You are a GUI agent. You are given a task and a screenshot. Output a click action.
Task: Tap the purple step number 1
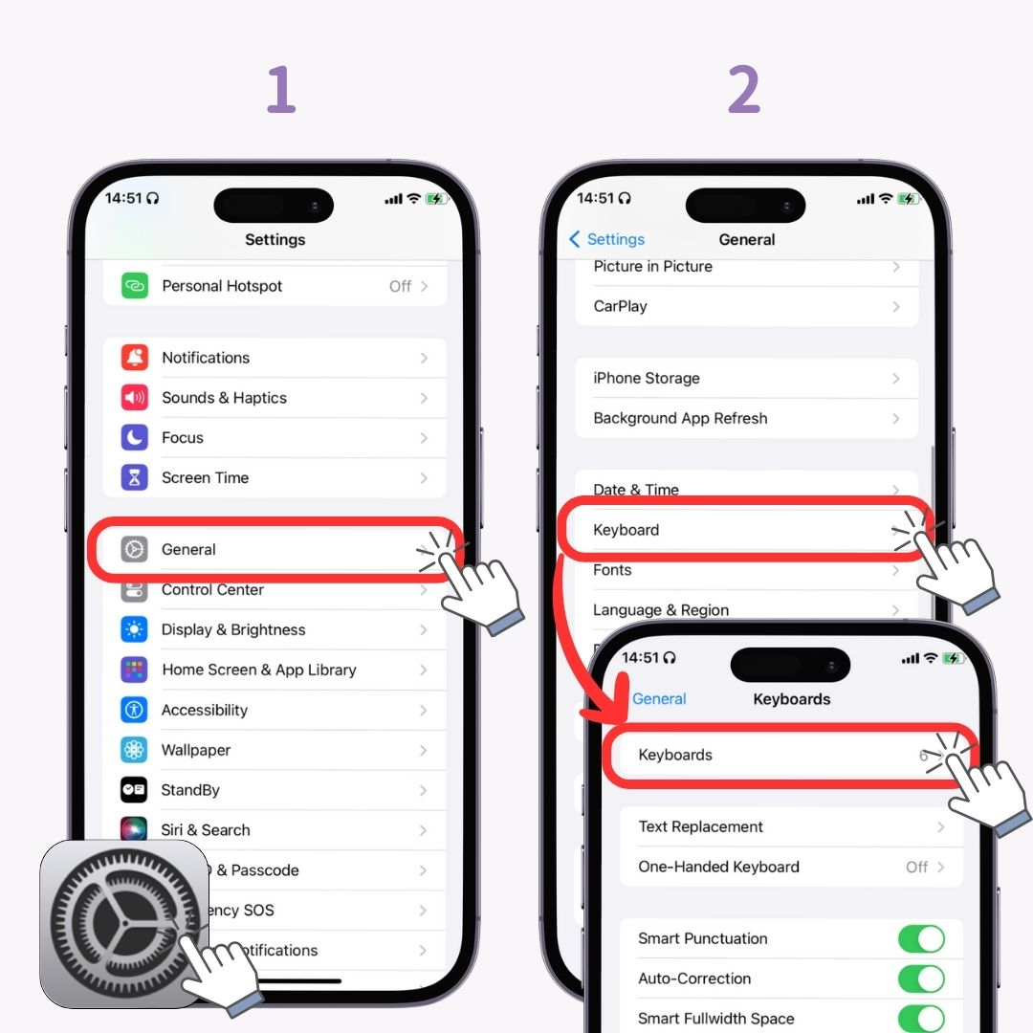coord(280,91)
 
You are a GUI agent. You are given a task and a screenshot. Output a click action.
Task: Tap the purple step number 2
coord(744,91)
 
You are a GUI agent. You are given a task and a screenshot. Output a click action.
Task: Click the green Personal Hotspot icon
coord(135,286)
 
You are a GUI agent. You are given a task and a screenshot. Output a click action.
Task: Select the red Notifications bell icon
coord(135,358)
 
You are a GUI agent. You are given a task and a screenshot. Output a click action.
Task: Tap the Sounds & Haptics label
coord(224,398)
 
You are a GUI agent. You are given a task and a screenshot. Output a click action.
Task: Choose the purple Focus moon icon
coord(135,438)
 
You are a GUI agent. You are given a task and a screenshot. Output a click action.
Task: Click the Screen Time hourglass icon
coord(135,478)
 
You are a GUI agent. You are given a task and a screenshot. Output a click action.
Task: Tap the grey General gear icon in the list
coord(135,550)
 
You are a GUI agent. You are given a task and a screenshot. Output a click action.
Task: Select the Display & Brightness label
coord(233,630)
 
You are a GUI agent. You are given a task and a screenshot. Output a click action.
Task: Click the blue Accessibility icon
coord(135,710)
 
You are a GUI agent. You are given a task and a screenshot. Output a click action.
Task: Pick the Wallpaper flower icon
coord(135,750)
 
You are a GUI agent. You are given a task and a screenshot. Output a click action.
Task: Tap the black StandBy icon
coord(135,790)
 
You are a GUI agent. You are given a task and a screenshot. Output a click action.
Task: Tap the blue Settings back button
coord(607,240)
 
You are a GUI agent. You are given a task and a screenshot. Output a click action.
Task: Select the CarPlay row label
coord(620,307)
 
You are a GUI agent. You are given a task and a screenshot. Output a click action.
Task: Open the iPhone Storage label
coord(647,379)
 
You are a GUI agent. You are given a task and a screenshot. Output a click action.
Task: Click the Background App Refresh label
coord(680,419)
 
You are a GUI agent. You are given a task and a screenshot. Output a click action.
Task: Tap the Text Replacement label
coord(701,827)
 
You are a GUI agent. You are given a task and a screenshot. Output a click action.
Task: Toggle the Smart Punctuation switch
coord(921,939)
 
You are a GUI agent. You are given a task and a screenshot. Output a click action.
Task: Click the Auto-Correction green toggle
coord(921,979)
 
